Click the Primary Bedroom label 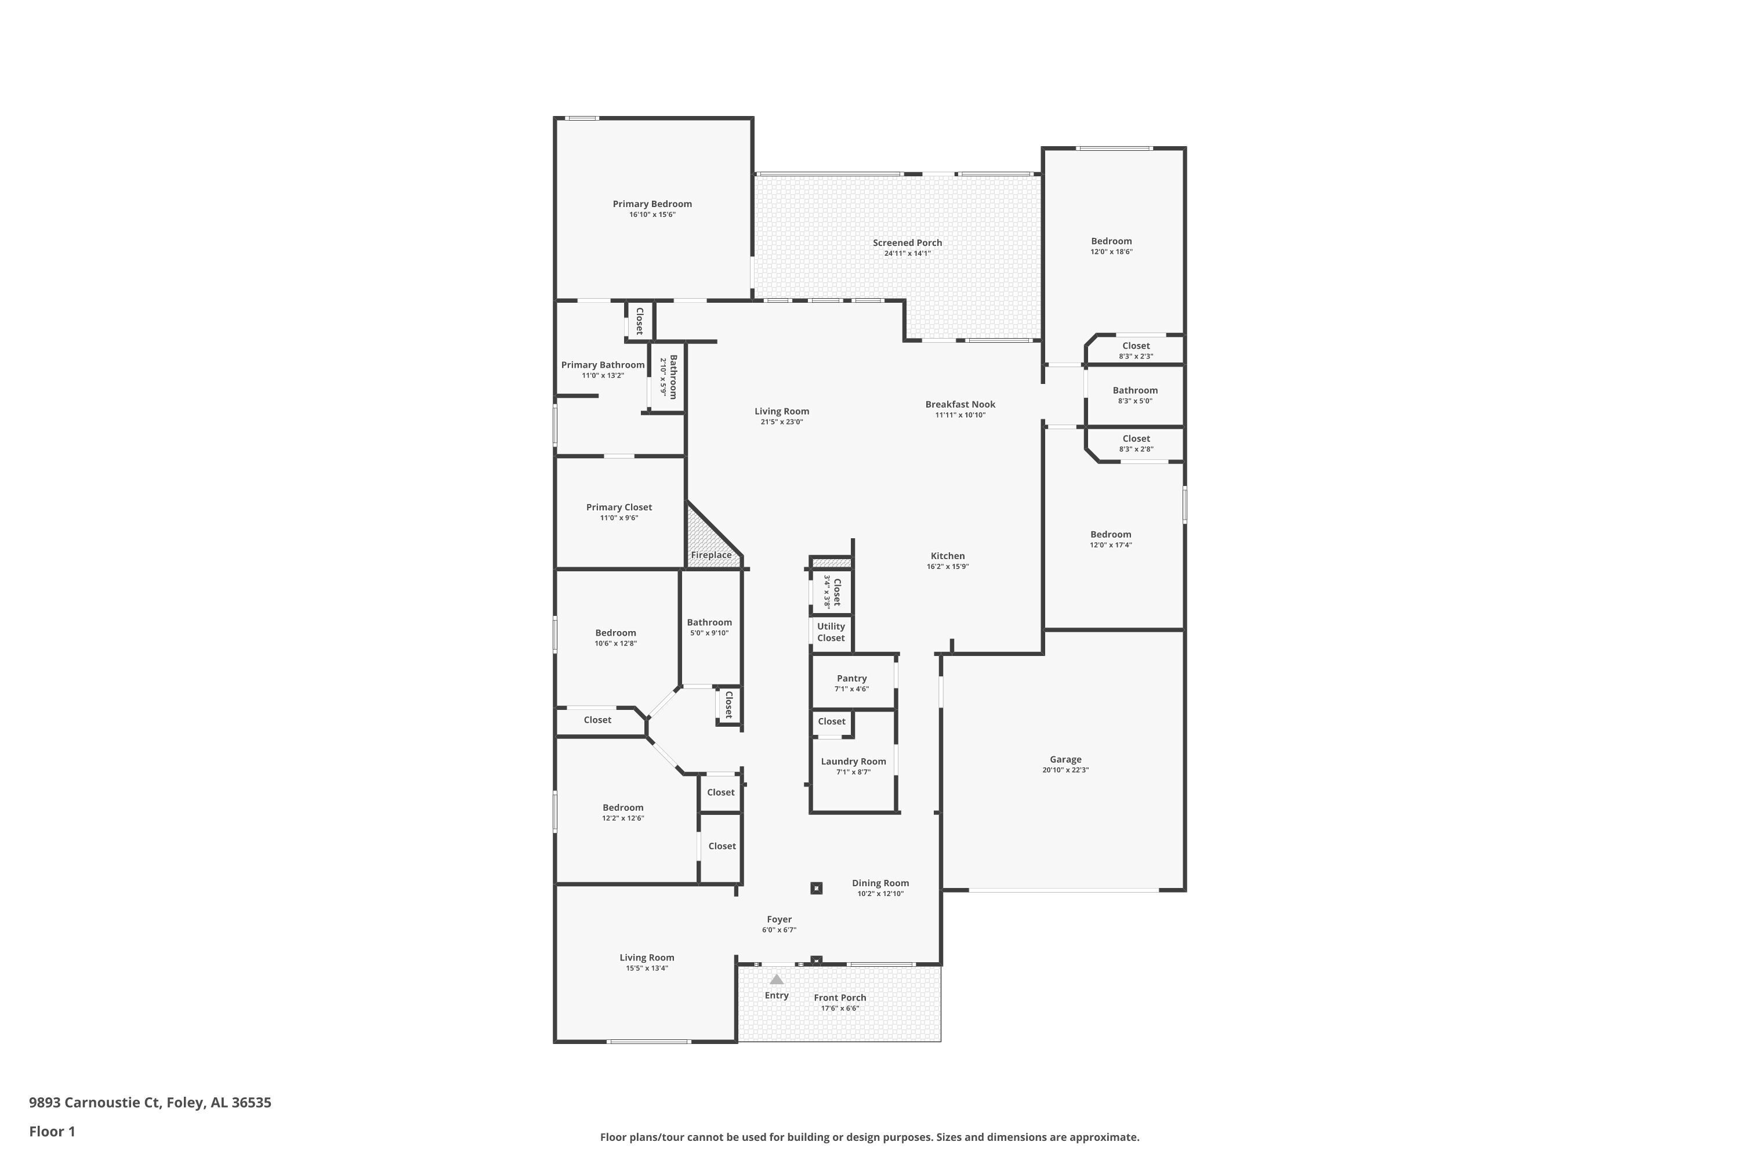coord(652,204)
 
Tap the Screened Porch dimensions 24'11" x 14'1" coord(907,253)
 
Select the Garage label coord(1065,759)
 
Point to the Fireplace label coord(711,555)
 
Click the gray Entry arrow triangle coord(776,979)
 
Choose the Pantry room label coord(851,679)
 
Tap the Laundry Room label coord(853,761)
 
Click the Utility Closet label coord(831,632)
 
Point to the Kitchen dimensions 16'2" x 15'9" coord(948,567)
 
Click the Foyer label coord(779,919)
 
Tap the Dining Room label coord(880,883)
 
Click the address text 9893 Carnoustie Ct coord(95,1103)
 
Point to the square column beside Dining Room coord(816,888)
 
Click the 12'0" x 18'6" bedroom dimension coord(1111,252)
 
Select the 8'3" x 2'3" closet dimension coord(1136,357)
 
